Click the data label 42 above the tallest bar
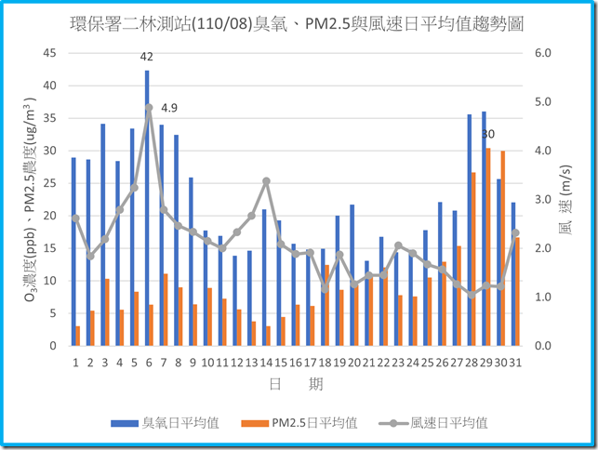coord(146,58)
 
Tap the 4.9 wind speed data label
coord(169,108)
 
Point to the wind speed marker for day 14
coord(266,181)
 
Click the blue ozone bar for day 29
coord(484,229)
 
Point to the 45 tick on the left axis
coord(48,53)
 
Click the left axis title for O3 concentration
coord(23,200)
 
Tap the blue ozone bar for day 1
coord(73,251)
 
